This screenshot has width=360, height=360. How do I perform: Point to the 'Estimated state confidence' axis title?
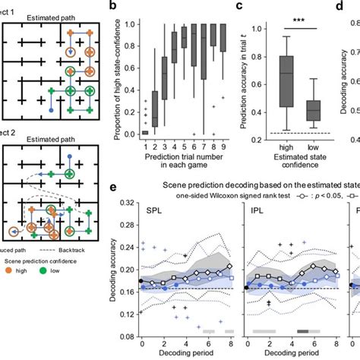pos(292,157)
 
